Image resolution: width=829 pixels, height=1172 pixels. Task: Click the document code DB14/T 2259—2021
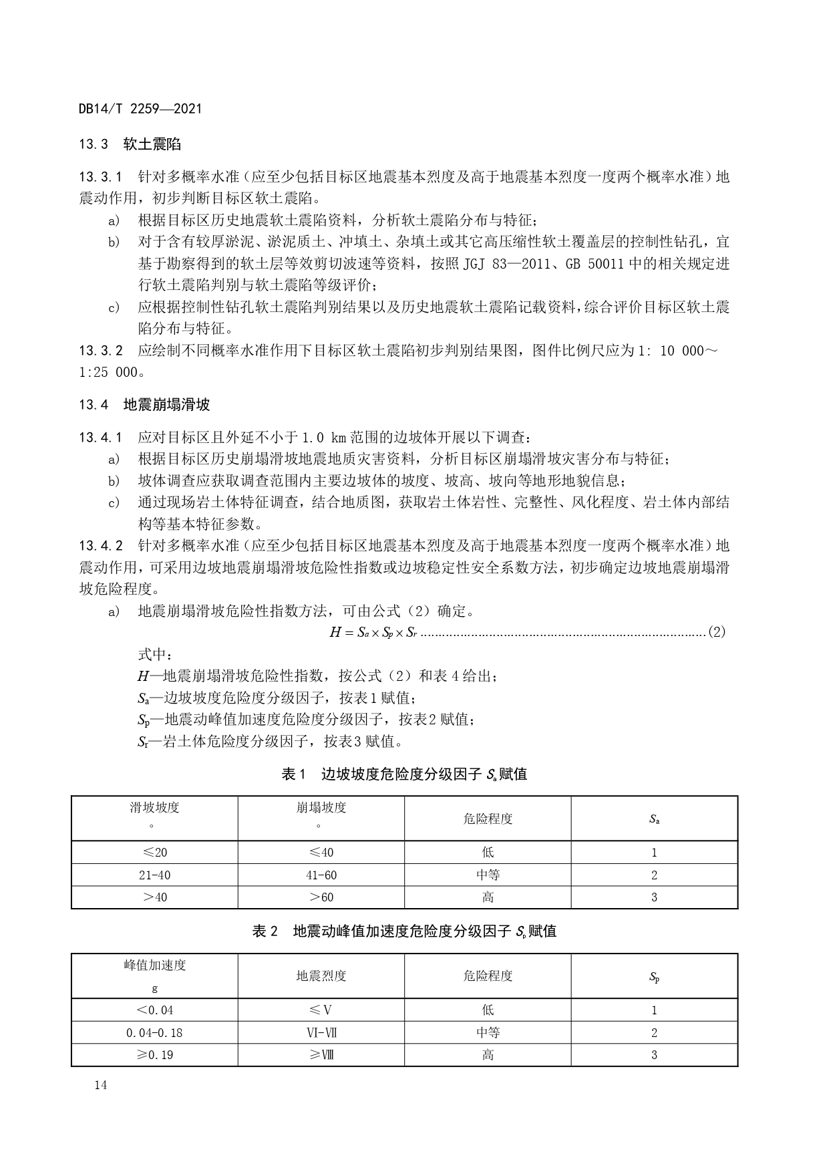140,108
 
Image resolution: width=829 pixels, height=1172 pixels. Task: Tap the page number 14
100,1085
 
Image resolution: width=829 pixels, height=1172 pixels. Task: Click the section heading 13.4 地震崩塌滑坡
144,404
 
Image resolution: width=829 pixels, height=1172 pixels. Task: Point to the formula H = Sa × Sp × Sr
373,632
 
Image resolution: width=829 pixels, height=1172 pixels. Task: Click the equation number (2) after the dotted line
715,632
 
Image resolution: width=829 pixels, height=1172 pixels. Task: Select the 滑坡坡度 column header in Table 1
154,807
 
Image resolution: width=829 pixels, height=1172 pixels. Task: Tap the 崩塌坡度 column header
321,807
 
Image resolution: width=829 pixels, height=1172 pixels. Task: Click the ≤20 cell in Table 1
154,852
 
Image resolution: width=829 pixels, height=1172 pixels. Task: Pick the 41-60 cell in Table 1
321,875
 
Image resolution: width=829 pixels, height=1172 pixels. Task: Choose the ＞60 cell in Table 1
321,897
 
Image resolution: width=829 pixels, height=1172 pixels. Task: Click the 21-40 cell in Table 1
154,875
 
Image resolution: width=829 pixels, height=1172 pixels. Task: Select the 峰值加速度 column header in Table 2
154,965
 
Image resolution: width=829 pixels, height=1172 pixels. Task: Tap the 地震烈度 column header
321,976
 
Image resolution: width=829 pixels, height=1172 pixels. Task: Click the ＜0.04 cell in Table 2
154,1010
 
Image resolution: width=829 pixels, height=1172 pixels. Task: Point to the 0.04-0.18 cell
154,1032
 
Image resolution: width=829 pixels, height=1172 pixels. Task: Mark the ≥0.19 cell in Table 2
154,1055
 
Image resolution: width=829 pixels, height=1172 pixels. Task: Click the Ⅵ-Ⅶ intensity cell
321,1032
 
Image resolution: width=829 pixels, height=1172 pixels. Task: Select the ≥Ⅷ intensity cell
321,1055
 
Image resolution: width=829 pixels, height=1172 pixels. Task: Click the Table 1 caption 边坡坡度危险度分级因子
404,774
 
